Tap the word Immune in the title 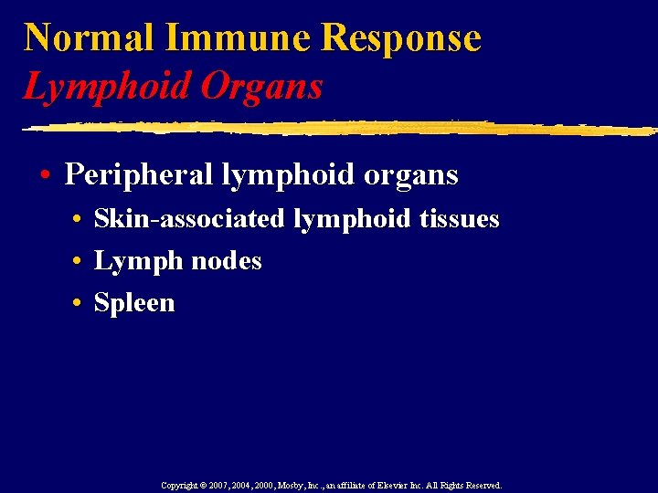pos(239,37)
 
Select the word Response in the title pos(402,37)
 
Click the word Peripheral pos(138,174)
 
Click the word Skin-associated pos(191,219)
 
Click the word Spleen pos(134,303)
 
